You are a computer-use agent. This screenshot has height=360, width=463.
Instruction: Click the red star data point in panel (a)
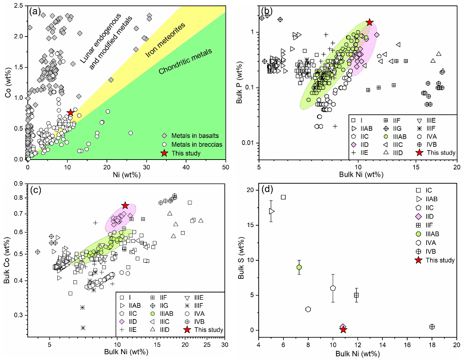70,112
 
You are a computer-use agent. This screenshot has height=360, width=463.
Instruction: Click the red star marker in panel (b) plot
370,22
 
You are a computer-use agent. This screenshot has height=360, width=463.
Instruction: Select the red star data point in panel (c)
125,206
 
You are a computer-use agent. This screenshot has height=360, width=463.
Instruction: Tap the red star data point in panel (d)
343,330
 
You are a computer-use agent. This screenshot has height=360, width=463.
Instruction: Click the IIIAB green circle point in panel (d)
299,267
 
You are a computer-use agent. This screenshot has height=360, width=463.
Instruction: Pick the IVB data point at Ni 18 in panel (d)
432,327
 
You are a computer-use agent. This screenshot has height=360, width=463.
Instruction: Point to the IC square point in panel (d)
283,197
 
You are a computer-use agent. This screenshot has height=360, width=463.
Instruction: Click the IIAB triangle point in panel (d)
271,211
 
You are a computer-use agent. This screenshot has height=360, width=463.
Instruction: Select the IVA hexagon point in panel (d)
308,309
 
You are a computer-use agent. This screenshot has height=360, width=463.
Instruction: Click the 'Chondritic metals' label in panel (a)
185,61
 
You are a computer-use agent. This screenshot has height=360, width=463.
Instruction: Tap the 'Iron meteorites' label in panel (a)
165,40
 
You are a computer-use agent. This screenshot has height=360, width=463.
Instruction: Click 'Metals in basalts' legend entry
195,136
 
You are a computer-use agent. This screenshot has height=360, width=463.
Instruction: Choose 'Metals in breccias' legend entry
197,145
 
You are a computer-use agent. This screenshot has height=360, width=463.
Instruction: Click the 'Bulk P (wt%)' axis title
239,83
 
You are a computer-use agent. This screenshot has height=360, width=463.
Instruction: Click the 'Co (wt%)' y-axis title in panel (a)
8,83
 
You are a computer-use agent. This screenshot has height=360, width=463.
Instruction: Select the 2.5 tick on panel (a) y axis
19,6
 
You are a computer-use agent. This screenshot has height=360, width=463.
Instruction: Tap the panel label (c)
35,190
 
